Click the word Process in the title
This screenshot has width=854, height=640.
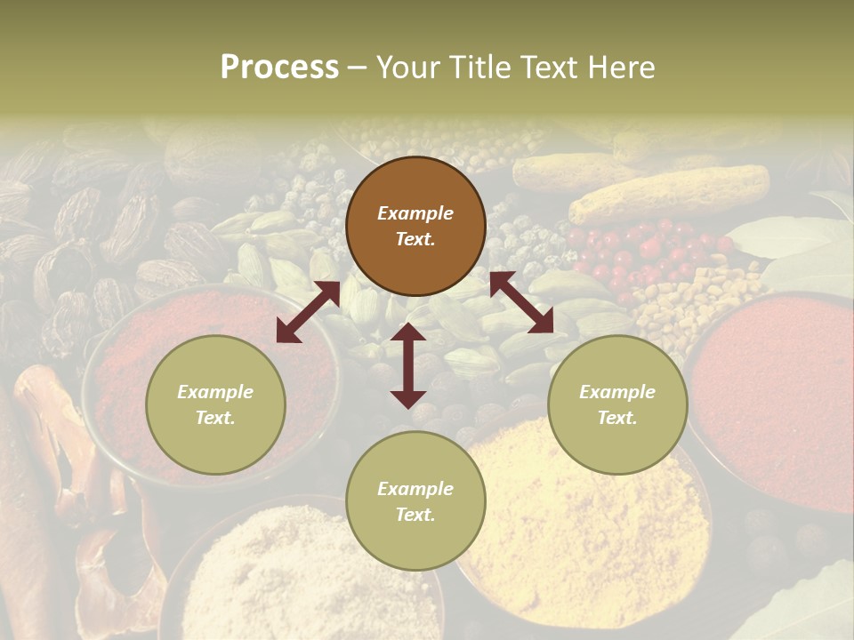pyautogui.click(x=279, y=68)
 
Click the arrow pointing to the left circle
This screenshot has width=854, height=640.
pyautogui.click(x=308, y=312)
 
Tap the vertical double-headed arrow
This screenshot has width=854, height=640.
pyautogui.click(x=408, y=365)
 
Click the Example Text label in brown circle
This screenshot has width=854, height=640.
pyautogui.click(x=415, y=227)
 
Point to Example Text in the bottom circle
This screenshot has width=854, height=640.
pyautogui.click(x=415, y=501)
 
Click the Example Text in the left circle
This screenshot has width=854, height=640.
pyautogui.click(x=215, y=404)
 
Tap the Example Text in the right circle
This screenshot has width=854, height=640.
pyautogui.click(x=617, y=404)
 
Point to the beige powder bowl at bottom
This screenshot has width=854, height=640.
pyautogui.click(x=294, y=578)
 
